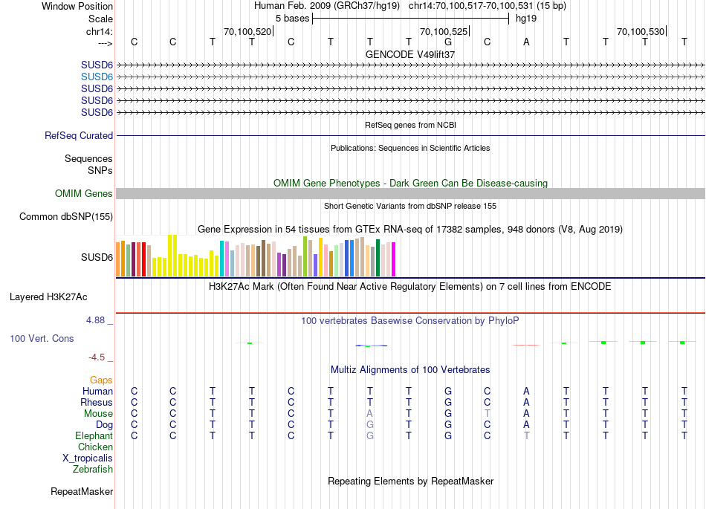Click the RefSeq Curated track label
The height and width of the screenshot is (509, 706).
(79, 135)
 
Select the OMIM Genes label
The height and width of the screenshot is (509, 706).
(84, 193)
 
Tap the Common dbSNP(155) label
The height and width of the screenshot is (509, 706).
(66, 216)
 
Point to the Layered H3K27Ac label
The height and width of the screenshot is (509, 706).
(48, 296)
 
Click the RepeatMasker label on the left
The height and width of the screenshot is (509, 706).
(82, 491)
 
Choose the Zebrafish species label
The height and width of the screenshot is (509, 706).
(93, 469)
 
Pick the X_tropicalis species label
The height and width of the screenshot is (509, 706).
(88, 458)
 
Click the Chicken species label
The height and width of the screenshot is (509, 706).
(95, 447)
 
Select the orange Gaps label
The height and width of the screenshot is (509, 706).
(101, 380)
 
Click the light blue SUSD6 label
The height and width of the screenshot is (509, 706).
(97, 77)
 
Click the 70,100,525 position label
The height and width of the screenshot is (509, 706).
(444, 32)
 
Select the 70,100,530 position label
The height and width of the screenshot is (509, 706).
(641, 32)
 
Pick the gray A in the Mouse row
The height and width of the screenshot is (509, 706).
(369, 413)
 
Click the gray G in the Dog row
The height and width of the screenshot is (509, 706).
(369, 424)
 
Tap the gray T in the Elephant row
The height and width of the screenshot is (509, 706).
(527, 435)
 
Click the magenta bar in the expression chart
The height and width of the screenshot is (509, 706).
(393, 259)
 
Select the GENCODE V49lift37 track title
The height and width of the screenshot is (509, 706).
(410, 54)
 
